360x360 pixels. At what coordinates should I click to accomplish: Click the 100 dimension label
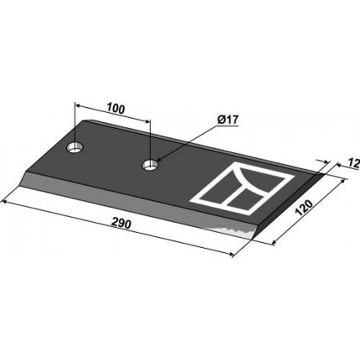pyautogui.click(x=116, y=109)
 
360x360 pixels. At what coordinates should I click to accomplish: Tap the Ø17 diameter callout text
pyautogui.click(x=227, y=121)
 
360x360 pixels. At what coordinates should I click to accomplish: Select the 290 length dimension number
pyautogui.click(x=121, y=224)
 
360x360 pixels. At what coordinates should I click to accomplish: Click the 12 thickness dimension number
pyautogui.click(x=353, y=164)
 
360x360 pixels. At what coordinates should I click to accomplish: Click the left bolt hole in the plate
pyautogui.click(x=75, y=147)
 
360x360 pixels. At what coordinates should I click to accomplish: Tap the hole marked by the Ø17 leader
pyautogui.click(x=150, y=165)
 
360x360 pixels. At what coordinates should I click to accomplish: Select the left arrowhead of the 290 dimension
pyautogui.click(x=5, y=202)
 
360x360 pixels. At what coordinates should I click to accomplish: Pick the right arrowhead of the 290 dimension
pyautogui.click(x=230, y=254)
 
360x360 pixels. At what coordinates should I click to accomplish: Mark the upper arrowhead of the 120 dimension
pyautogui.click(x=342, y=183)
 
